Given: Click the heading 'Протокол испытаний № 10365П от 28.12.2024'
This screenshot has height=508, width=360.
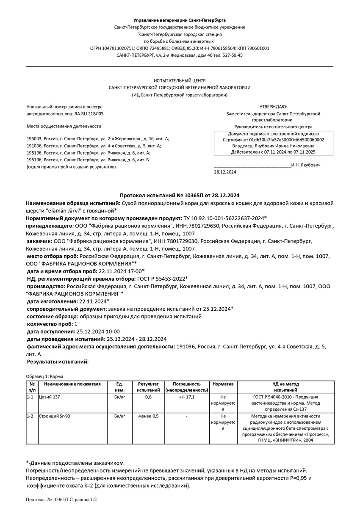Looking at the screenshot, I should (x=180, y=195).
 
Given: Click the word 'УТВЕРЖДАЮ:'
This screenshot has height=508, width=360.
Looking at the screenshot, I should (x=273, y=107).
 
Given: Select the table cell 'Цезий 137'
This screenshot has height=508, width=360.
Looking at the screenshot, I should (x=49, y=397).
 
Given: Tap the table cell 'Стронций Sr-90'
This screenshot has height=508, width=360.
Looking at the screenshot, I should (x=54, y=416).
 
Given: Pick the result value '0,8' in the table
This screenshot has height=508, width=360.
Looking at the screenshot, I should (x=148, y=397).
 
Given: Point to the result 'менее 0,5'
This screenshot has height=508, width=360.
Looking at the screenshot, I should (x=148, y=416).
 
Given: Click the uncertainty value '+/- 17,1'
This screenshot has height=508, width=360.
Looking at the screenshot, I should (x=186, y=397).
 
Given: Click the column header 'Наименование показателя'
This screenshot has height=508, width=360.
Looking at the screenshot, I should (x=72, y=384).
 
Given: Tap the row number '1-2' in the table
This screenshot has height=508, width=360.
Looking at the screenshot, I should (x=30, y=416).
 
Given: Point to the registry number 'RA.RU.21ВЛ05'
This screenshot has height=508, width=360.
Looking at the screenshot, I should (x=89, y=114).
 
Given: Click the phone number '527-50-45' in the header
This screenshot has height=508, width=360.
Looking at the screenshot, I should (x=233, y=55).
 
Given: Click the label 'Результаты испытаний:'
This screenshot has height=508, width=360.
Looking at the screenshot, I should (x=58, y=362).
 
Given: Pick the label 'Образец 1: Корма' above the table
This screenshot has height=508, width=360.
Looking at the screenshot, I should (x=44, y=376).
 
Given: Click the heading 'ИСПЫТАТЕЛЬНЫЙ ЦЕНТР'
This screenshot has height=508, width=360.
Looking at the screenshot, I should (x=180, y=80).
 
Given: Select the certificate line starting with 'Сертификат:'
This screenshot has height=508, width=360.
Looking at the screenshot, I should (x=273, y=139).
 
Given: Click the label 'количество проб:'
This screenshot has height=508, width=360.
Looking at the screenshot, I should (x=50, y=324).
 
